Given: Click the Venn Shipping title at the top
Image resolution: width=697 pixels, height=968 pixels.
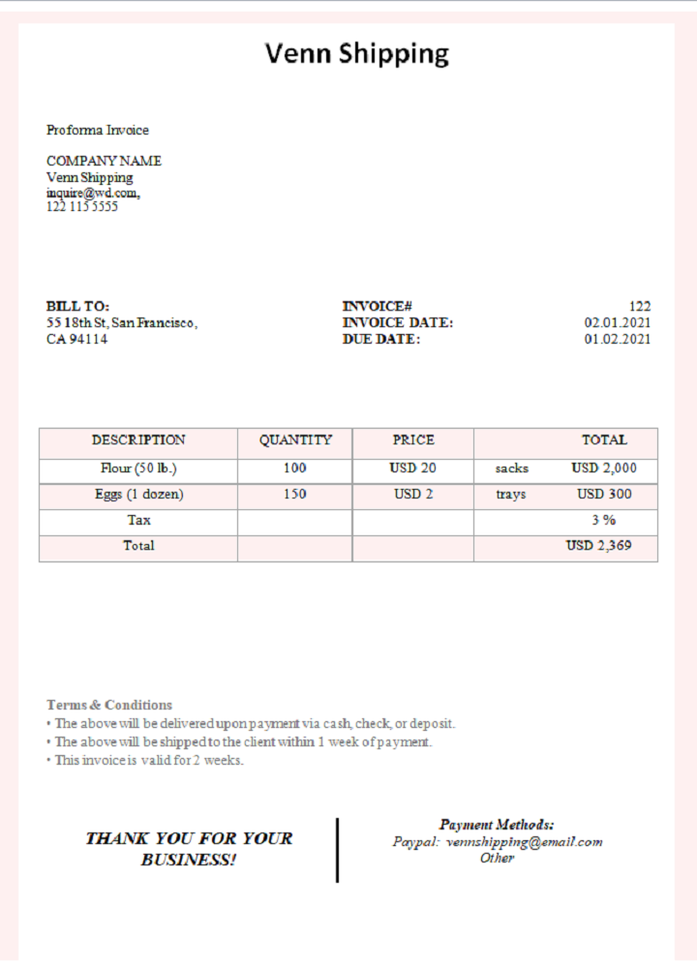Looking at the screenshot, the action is (357, 54).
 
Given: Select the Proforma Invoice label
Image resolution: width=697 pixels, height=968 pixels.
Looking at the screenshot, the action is (98, 130).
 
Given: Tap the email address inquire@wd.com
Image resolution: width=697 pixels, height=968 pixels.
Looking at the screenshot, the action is (93, 193).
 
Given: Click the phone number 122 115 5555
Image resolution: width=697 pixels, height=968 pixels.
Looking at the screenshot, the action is (82, 206).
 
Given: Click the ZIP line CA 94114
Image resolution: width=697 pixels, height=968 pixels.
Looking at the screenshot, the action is (77, 340).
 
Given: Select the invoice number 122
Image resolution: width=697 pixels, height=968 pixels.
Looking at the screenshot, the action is (639, 306).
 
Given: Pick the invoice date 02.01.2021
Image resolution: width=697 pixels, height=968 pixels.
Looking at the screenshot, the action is (617, 322).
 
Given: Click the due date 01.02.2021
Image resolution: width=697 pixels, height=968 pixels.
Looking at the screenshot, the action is (617, 340).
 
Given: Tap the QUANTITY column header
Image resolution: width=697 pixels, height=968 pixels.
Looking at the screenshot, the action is (295, 439).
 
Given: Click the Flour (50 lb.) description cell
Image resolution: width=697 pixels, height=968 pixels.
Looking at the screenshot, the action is (138, 468).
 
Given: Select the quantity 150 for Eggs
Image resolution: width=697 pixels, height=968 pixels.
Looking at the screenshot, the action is (295, 494).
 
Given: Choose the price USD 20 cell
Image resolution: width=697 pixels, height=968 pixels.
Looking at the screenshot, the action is (413, 468).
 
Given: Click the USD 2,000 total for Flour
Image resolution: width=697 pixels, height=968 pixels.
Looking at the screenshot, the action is (604, 468).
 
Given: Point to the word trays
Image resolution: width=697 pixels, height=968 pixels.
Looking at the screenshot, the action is (510, 494).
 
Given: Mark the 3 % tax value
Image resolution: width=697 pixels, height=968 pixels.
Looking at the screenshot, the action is (604, 520).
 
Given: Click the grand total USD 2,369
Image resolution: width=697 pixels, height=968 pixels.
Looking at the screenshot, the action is (598, 546).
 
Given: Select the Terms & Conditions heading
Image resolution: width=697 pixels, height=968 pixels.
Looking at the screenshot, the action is (109, 705).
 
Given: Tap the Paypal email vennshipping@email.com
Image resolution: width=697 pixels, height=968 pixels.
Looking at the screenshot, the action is (524, 841).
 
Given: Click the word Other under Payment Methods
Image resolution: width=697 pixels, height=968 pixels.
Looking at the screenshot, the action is (497, 858).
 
